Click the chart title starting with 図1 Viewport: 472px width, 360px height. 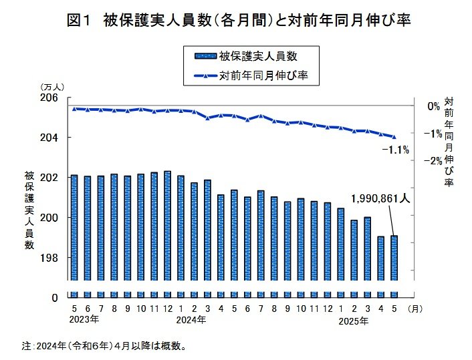(x=238, y=21)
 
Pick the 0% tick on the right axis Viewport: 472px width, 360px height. (x=434, y=106)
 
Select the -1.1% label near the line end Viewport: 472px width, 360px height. (x=395, y=150)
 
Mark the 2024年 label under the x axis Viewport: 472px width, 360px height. (x=191, y=320)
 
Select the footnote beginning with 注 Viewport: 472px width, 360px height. (x=103, y=346)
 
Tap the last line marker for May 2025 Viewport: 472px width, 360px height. (x=394, y=137)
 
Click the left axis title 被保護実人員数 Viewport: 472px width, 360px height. (x=29, y=210)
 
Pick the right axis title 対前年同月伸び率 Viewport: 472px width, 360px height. (x=449, y=142)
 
